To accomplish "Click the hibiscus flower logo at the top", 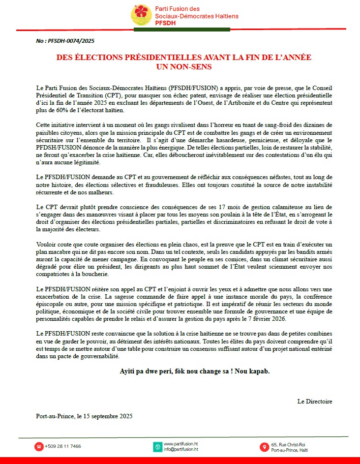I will coord(141,15).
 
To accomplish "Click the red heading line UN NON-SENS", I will coord(183,66).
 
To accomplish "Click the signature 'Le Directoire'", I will coord(314,401).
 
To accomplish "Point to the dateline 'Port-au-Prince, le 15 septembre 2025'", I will coord(84,416).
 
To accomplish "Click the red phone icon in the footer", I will coord(38,447).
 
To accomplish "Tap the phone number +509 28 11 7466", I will coord(63,447).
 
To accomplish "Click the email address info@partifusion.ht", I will coord(180,450).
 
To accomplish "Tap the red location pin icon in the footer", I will coord(265,447).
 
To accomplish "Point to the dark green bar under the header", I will coord(182,30).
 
